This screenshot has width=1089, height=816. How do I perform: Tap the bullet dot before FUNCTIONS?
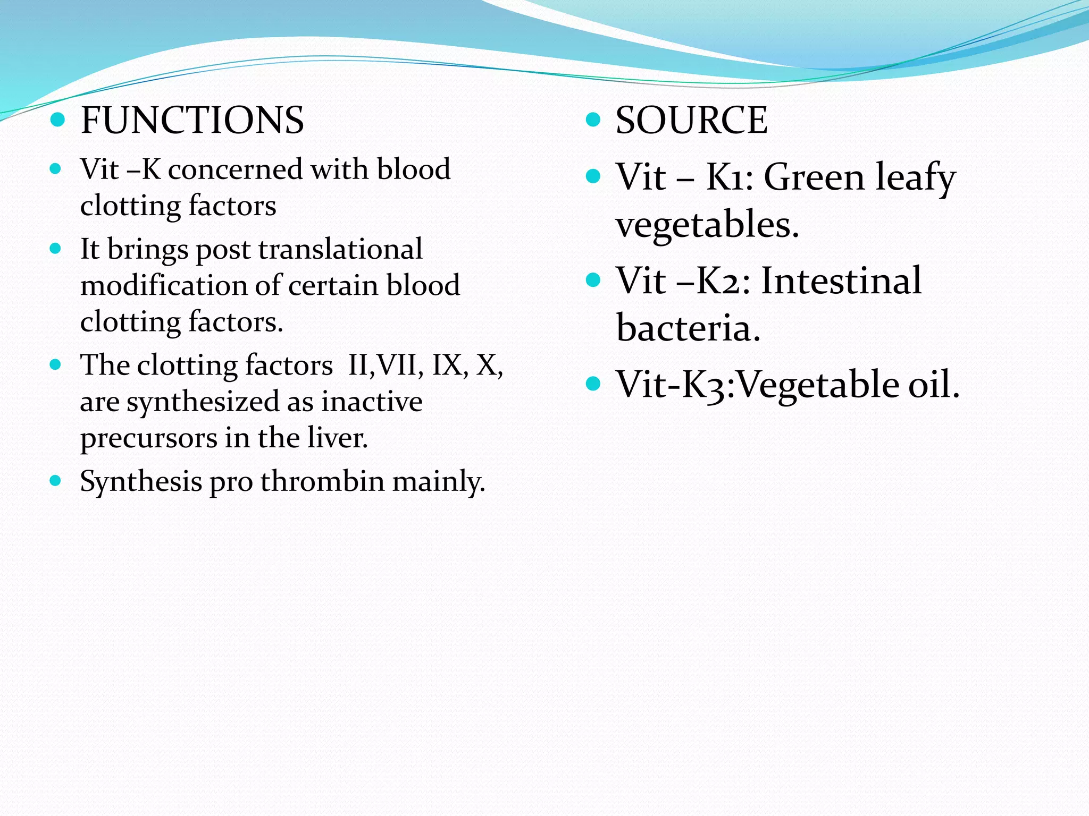57,120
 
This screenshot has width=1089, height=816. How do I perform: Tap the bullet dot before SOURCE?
592,120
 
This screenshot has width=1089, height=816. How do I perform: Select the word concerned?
235,170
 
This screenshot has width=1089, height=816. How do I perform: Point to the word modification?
163,285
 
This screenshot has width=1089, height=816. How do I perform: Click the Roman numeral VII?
396,365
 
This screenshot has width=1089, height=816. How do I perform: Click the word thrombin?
322,481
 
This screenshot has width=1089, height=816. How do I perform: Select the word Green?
814,177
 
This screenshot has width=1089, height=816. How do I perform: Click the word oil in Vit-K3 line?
933,384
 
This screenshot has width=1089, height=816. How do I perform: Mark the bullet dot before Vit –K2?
592,280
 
